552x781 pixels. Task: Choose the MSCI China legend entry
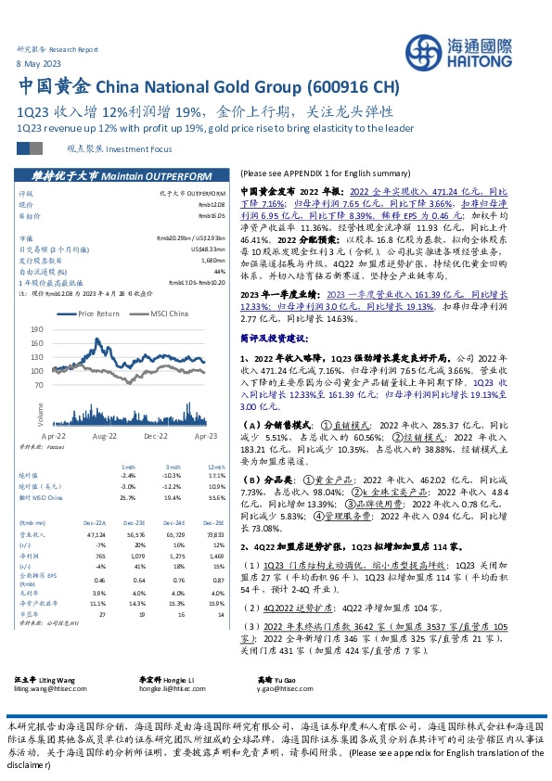point(164,314)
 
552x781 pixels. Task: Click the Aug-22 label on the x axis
point(104,434)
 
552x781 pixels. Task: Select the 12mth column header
point(216,467)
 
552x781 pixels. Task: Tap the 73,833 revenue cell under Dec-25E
point(216,535)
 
